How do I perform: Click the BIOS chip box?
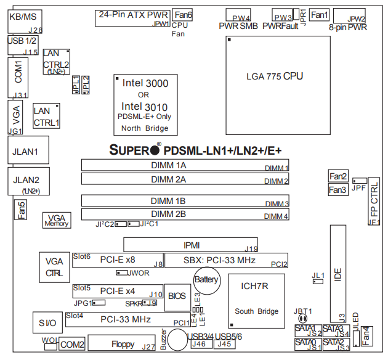tap(177, 296)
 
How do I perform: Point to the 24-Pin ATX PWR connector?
tap(132, 17)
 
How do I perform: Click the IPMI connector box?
tap(190, 245)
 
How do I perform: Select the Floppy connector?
tap(123, 343)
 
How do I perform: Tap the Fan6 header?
tap(182, 14)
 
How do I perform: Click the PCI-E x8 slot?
tap(117, 260)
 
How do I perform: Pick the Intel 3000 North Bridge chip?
tap(145, 104)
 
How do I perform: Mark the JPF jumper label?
tap(358, 189)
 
